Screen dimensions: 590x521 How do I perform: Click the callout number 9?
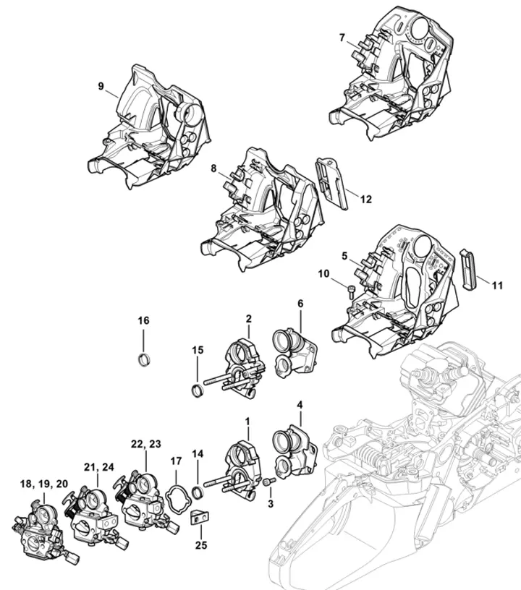[101, 86]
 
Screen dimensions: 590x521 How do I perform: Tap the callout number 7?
[342, 38]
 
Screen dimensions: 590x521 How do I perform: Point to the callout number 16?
[143, 320]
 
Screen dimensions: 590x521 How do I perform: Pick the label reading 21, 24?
[98, 466]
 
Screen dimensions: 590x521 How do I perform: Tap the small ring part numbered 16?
[144, 359]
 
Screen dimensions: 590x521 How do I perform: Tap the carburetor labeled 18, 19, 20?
[41, 529]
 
